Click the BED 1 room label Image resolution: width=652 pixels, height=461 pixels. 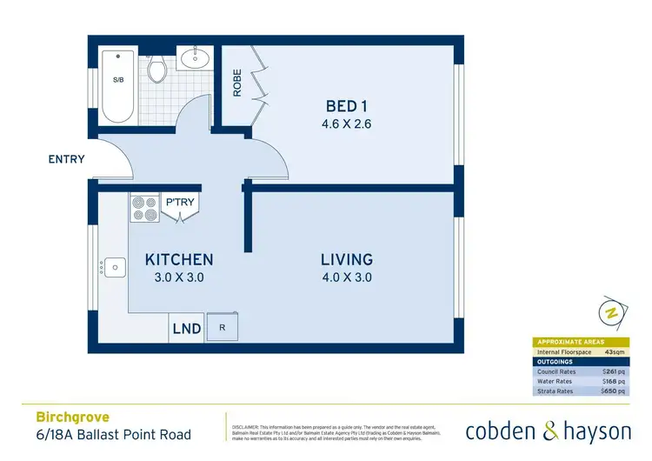(x=342, y=106)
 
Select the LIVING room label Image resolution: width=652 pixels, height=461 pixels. (x=346, y=259)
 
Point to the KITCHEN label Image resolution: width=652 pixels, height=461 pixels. (x=179, y=259)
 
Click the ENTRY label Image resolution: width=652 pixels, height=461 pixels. (x=66, y=159)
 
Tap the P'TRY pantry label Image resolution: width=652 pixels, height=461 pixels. (x=181, y=203)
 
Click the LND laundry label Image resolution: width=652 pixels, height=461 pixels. (x=187, y=329)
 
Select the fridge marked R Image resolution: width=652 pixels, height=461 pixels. (x=223, y=328)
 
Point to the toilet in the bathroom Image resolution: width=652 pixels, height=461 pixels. (x=157, y=69)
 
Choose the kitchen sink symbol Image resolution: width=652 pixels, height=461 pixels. (x=114, y=266)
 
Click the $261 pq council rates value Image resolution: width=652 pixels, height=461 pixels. (x=613, y=371)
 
